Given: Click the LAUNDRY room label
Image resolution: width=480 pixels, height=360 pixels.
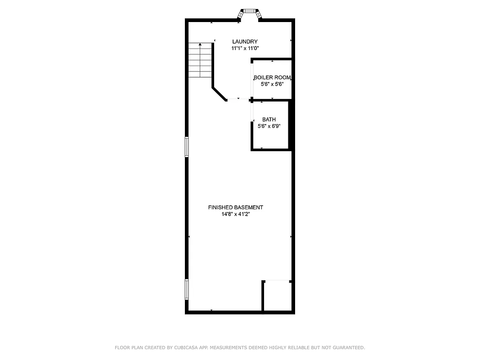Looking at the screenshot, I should coord(245,42).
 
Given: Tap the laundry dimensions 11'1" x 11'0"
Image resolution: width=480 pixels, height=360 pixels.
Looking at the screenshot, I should coord(245,48).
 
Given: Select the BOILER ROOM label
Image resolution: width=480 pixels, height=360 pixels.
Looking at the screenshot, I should coord(272,77).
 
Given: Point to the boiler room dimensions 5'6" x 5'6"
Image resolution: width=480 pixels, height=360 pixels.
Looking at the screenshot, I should coord(272,84).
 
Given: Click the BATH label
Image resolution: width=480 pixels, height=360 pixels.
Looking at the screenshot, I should coord(269,120).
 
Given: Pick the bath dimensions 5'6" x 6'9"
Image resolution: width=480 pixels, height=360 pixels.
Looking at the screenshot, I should coord(269,126).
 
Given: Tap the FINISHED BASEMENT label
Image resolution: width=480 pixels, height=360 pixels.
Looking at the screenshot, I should coord(235,207).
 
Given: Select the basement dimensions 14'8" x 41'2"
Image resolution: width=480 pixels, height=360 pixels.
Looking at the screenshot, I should coord(235,214).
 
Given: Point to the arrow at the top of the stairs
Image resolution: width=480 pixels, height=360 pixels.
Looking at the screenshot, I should coord(200,45).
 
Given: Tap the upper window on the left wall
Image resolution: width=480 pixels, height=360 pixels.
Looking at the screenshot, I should coord(186,147).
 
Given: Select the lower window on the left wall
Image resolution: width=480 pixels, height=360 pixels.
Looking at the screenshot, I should coord(186,289).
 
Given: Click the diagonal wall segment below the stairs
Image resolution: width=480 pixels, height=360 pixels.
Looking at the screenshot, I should coord(219,94).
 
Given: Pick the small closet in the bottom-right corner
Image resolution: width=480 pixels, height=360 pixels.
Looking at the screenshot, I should coord(277,296).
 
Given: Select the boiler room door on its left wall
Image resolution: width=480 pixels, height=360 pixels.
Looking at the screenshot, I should coord(252,80).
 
